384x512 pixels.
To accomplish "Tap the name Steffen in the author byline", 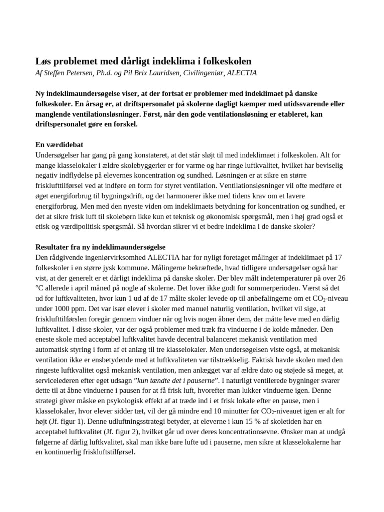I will (58, 73).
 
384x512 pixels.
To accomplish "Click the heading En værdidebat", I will (58, 144).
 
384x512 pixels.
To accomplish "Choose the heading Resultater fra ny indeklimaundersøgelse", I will (100, 247).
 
